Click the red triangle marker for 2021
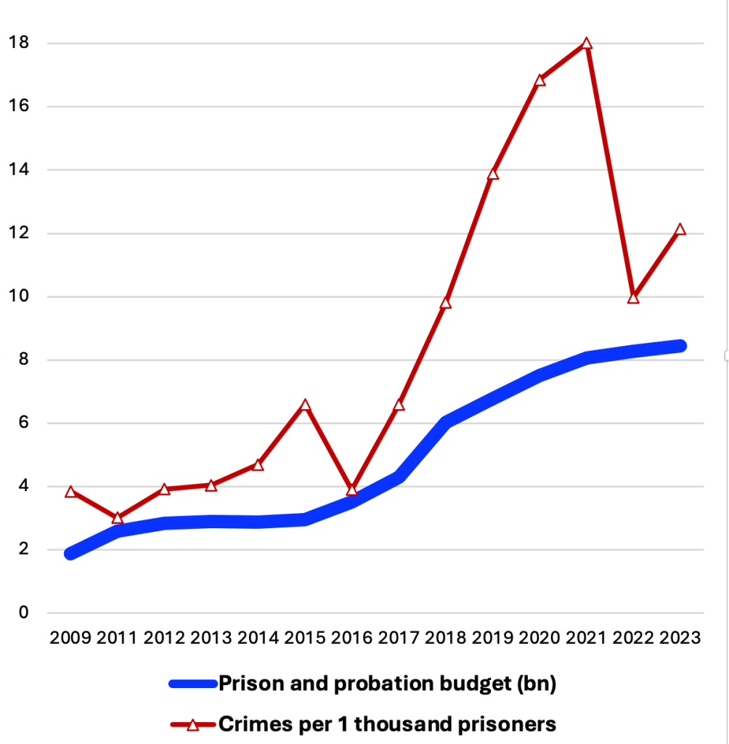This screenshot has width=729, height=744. tap(587, 44)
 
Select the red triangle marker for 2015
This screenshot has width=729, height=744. tap(306, 405)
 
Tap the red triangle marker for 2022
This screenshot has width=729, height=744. tap(633, 297)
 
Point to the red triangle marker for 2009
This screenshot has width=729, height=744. tap(70, 492)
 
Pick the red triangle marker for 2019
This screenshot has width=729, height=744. tap(493, 174)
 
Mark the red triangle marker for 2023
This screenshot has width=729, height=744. tap(680, 230)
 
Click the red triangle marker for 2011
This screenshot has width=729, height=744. tap(118, 518)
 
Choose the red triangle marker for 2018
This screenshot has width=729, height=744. tap(446, 302)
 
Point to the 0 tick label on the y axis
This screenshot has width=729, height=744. tap(23, 612)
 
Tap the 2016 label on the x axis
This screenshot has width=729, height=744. tap(351, 639)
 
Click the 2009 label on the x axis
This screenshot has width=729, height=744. tap(70, 639)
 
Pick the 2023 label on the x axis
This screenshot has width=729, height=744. tap(680, 639)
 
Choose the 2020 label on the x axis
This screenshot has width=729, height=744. tap(539, 639)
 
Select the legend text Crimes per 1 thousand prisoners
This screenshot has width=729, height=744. tap(387, 724)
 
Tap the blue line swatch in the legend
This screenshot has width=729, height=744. tap(192, 683)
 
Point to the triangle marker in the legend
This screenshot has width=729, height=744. tap(192, 724)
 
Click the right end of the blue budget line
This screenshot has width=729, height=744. tap(681, 346)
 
